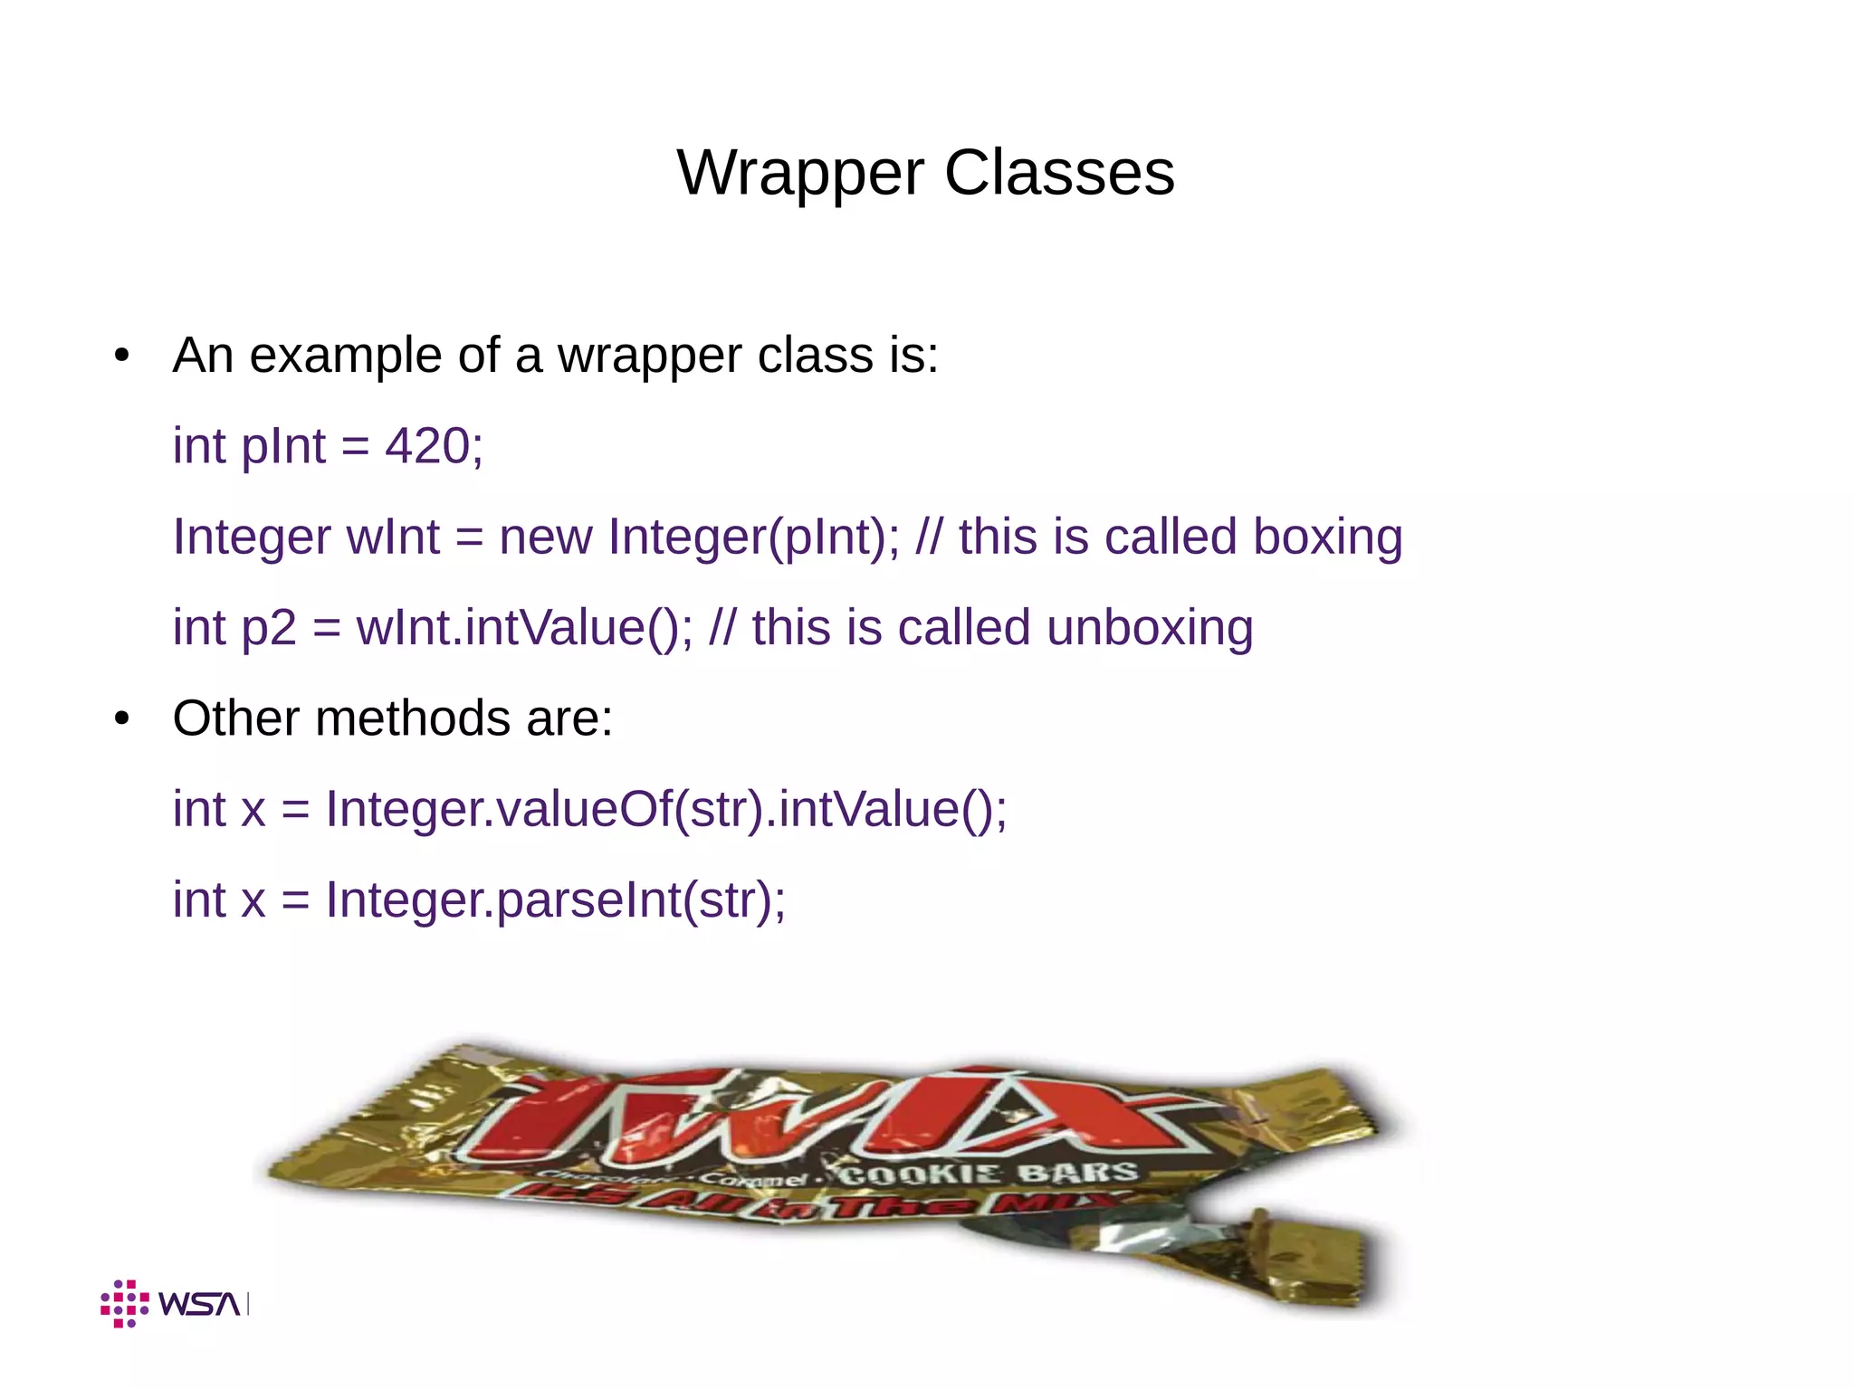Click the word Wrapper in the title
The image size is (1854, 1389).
click(x=800, y=173)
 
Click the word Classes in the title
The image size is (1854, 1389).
click(x=1059, y=173)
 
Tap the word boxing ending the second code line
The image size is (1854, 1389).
click(x=1327, y=537)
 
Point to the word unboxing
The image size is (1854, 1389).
click(x=1149, y=628)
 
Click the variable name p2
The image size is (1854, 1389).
click(x=269, y=628)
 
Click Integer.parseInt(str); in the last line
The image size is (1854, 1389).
click(x=555, y=900)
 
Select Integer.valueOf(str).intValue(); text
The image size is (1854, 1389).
click(x=665, y=809)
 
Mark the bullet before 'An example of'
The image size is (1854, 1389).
click(x=122, y=357)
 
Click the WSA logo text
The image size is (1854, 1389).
click(x=199, y=1304)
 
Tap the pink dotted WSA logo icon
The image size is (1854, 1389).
click(x=124, y=1304)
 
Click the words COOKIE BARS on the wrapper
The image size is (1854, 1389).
click(x=988, y=1174)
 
